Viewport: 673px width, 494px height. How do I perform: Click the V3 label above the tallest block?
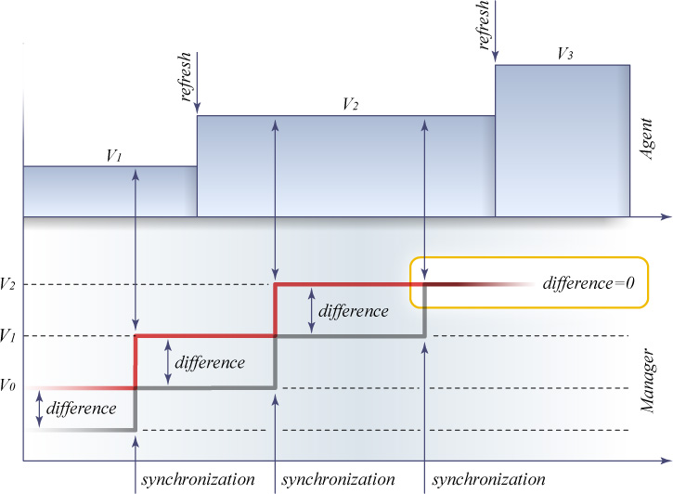coord(564,54)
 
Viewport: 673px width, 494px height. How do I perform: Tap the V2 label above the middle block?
coord(351,104)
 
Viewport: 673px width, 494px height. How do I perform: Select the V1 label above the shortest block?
coord(114,155)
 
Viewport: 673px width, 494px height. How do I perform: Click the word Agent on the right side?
coord(647,138)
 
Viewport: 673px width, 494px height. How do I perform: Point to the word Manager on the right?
coord(647,381)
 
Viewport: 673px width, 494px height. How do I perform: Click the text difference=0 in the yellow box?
coord(589,283)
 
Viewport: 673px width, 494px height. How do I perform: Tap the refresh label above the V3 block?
coord(483,24)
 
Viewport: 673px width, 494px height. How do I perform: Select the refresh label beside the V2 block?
coord(186,76)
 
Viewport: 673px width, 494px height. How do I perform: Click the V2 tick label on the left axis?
coord(8,284)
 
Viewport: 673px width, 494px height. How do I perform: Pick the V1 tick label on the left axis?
coord(8,335)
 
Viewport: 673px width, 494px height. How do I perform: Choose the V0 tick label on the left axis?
coord(7,385)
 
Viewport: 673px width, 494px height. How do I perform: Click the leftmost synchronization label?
coord(199,479)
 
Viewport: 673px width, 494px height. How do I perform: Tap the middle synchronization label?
coord(338,479)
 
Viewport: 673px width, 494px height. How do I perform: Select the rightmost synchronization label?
coord(489,479)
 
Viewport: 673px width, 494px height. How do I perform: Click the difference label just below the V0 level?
coord(81,408)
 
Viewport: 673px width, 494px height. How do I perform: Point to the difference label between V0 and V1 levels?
coord(210,362)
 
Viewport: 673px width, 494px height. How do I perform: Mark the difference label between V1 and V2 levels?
coord(354,311)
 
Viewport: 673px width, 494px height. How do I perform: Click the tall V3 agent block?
coord(563,141)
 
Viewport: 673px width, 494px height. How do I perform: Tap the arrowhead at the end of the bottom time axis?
coord(667,461)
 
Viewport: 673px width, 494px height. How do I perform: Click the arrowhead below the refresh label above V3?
coord(496,57)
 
